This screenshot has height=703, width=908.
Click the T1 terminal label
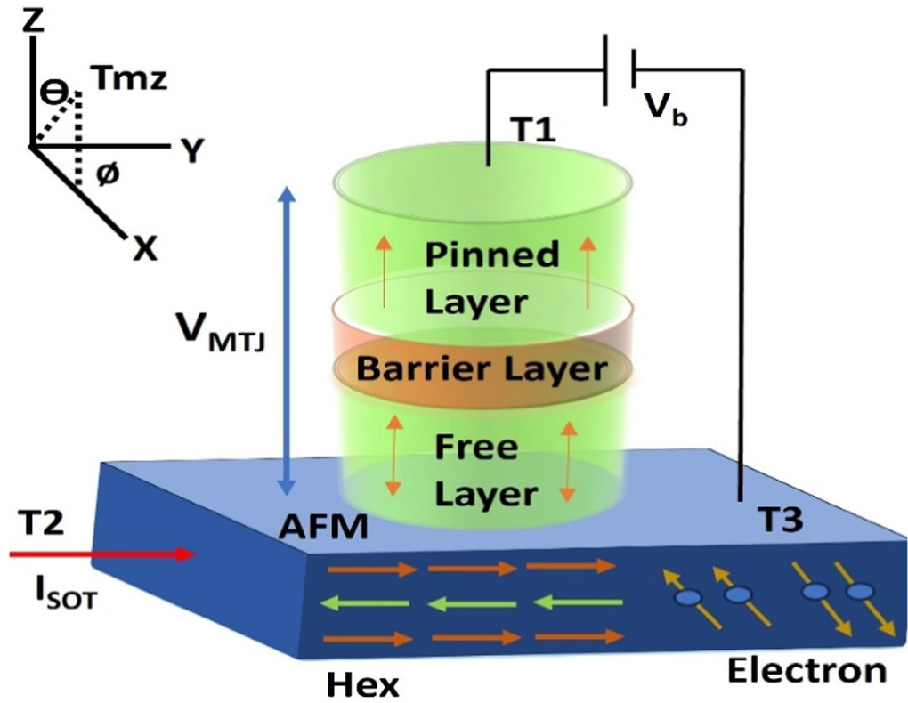(x=532, y=131)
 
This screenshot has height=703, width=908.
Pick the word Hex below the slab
(x=363, y=683)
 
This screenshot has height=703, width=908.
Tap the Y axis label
(x=195, y=151)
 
